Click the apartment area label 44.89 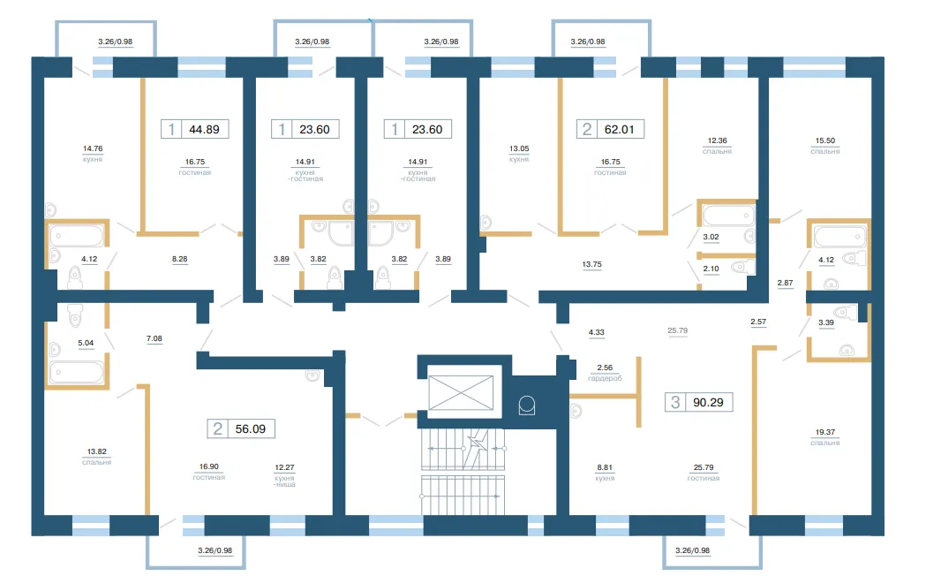click(x=204, y=129)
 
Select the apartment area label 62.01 click(x=619, y=129)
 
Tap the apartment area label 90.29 click(x=708, y=402)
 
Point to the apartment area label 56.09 click(x=251, y=428)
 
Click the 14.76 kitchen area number click(x=93, y=149)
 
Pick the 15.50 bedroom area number click(x=825, y=140)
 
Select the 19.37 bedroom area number click(x=825, y=433)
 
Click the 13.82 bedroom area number click(x=97, y=452)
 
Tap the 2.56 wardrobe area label click(x=605, y=368)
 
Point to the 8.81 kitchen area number click(x=605, y=467)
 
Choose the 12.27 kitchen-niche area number click(x=284, y=467)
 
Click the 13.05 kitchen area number click(x=519, y=149)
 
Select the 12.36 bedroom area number click(x=718, y=140)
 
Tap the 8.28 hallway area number click(x=179, y=259)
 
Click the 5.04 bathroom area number click(x=86, y=343)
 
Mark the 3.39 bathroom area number click(x=826, y=322)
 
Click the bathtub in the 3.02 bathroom click(x=728, y=215)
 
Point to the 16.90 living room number click(x=209, y=466)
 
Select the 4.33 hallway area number click(x=597, y=332)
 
